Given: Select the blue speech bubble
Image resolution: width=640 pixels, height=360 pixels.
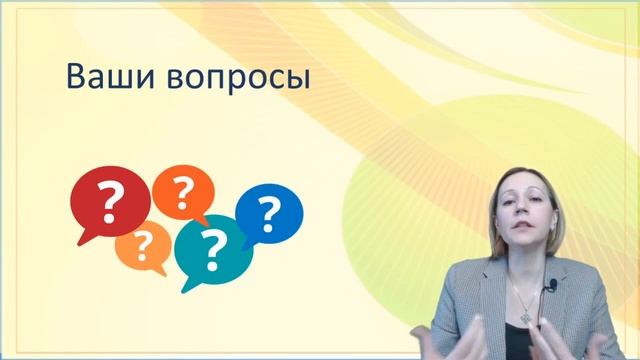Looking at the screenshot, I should coord(269,211).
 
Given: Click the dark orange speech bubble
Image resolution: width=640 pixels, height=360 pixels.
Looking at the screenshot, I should coord(181,190).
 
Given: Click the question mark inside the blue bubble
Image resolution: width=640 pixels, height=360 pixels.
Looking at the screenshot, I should coord(269,211).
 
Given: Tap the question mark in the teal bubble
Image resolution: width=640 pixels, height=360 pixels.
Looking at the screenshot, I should coord(211,249).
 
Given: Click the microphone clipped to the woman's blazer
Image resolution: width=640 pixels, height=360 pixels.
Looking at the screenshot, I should coord(550,293).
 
